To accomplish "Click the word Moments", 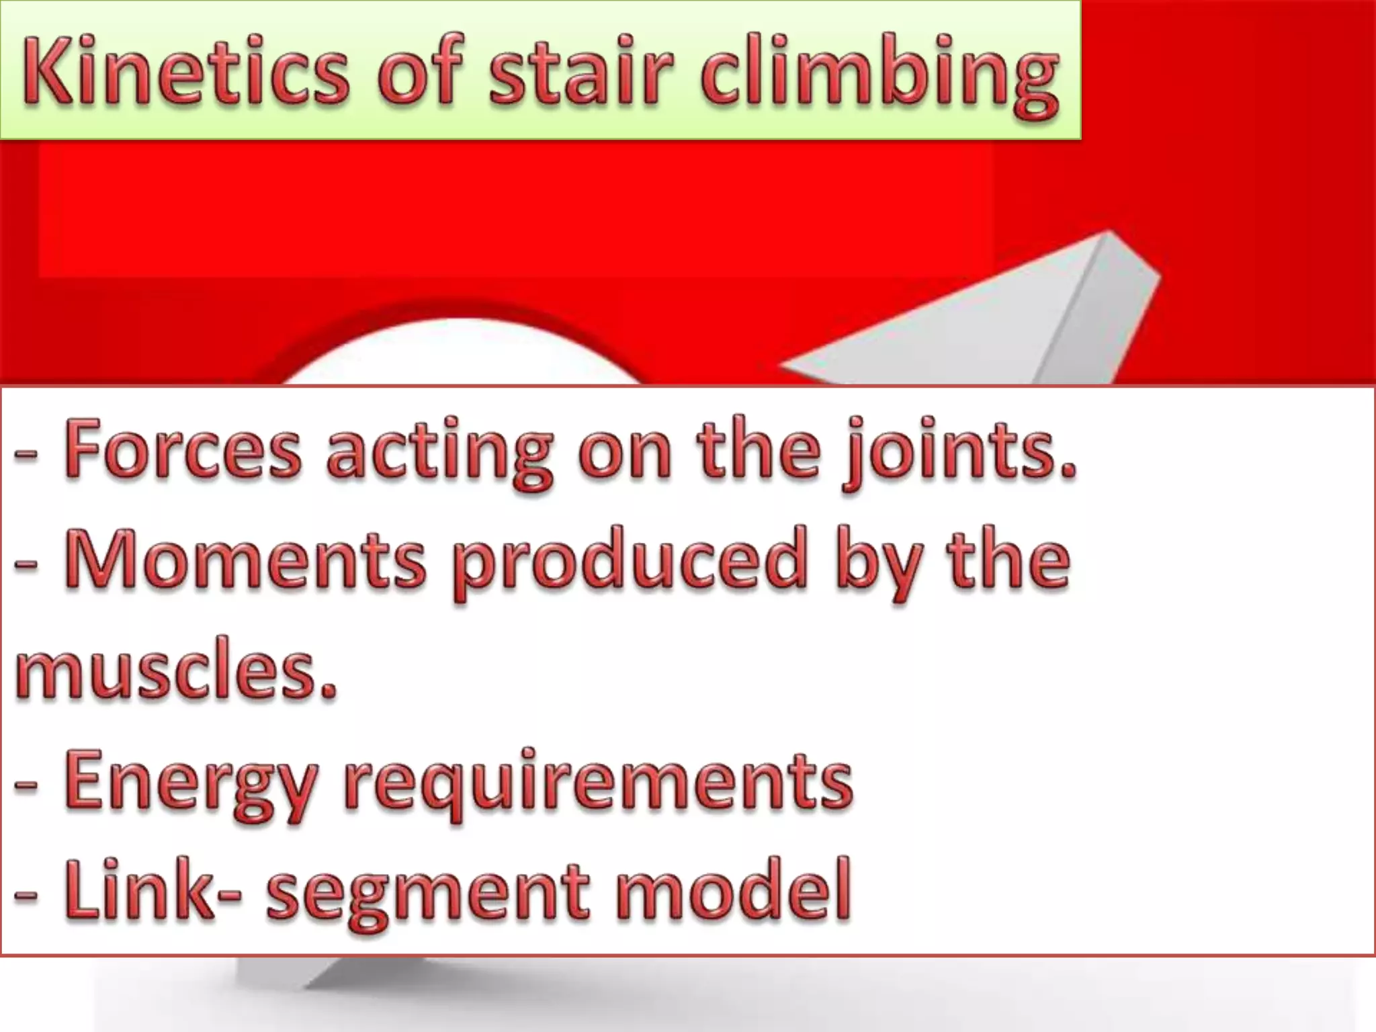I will (246, 559).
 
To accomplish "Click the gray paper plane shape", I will (1008, 316).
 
